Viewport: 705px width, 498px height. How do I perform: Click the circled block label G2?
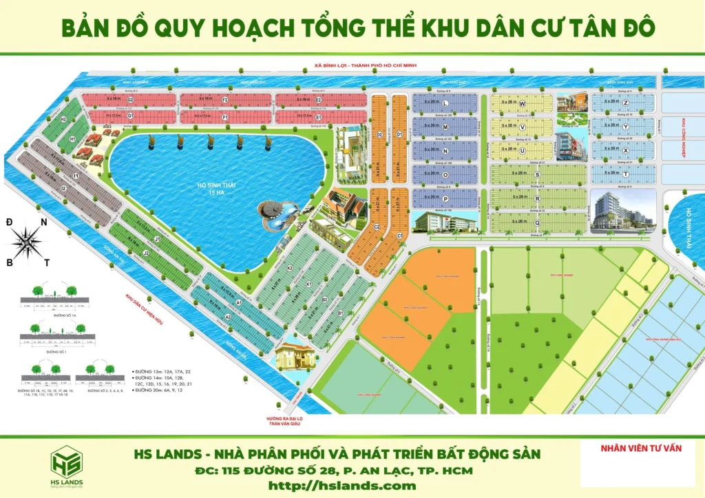129,101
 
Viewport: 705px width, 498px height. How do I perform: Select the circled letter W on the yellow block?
523,103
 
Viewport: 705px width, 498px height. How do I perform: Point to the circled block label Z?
625,103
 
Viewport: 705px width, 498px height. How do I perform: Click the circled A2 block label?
228,316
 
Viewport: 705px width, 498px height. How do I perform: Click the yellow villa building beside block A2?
295,356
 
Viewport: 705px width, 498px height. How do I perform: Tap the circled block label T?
625,175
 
